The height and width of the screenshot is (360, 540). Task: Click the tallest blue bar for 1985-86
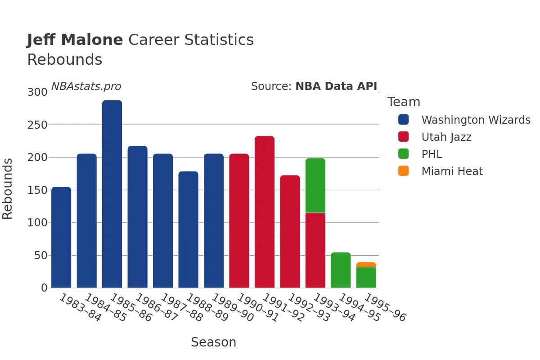coord(112,194)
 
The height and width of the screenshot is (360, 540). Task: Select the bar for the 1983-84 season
coord(61,237)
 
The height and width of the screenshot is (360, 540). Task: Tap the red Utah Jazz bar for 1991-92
coord(265,212)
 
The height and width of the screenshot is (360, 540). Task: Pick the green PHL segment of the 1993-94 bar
coord(315,185)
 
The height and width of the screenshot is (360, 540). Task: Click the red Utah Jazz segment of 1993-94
coord(315,251)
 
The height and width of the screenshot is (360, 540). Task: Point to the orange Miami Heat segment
coord(366,265)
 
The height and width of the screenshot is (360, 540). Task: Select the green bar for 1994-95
coord(341,270)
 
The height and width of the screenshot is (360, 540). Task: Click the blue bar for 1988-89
coord(188,229)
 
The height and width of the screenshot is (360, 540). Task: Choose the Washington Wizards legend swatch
coord(403,120)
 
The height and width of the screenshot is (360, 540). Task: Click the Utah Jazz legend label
coord(446,137)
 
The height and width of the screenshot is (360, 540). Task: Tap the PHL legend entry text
coord(432,154)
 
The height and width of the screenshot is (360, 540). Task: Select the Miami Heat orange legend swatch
coord(403,171)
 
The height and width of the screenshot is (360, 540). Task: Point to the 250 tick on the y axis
coord(37,125)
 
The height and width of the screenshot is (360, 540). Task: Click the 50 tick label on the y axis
coord(41,256)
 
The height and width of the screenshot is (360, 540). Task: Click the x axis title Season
coord(214,342)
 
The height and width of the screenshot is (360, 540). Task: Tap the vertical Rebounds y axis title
coord(7,189)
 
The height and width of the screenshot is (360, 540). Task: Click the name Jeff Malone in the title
coord(75,40)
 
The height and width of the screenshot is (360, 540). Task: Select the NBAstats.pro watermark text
coord(86,86)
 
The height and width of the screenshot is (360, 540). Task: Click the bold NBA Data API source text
coord(336,86)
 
